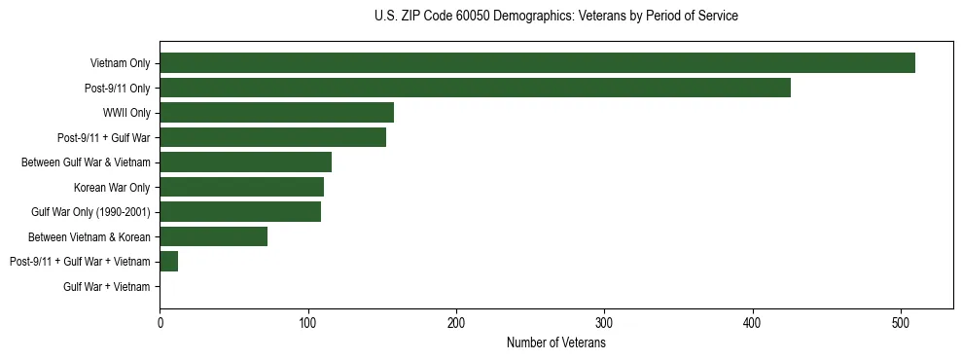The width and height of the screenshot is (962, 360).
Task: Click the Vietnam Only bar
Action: [537, 63]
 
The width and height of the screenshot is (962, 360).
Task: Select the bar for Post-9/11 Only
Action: [475, 88]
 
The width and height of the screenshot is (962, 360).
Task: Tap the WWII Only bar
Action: [276, 113]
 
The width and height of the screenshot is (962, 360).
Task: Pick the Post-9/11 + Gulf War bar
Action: [272, 137]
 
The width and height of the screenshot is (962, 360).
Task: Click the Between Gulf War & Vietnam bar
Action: [245, 162]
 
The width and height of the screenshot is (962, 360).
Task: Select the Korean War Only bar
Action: [241, 187]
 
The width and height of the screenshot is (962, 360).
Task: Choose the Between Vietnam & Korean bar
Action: [213, 236]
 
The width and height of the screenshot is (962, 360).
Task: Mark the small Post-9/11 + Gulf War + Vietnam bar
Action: [169, 262]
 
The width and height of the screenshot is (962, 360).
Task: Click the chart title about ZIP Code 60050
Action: [555, 17]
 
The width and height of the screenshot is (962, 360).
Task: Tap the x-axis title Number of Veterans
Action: [555, 343]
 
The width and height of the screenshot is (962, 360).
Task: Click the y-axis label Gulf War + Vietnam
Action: [107, 286]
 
